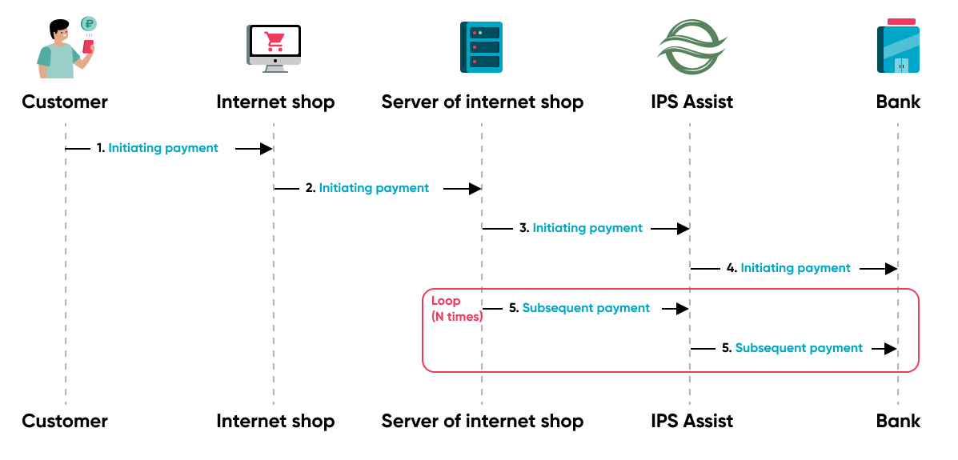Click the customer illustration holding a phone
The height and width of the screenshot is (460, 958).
click(64, 50)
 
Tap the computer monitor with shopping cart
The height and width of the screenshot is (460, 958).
click(274, 48)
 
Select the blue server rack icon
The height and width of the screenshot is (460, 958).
click(481, 48)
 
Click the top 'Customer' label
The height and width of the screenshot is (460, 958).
click(65, 102)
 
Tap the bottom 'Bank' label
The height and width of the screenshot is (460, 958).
click(898, 421)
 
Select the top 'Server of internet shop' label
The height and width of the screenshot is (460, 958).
click(482, 102)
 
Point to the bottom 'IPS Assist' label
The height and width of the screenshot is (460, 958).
click(691, 421)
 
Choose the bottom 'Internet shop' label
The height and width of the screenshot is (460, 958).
click(275, 421)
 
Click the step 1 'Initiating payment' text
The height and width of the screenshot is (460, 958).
click(163, 148)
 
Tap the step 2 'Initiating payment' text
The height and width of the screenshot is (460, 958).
click(374, 188)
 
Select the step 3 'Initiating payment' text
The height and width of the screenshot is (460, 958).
click(587, 228)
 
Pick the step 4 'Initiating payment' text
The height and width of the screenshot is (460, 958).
click(796, 268)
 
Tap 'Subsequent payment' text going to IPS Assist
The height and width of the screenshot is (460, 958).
click(586, 308)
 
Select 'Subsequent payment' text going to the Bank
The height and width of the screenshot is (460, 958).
click(799, 348)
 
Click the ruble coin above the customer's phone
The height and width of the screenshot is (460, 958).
click(89, 24)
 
